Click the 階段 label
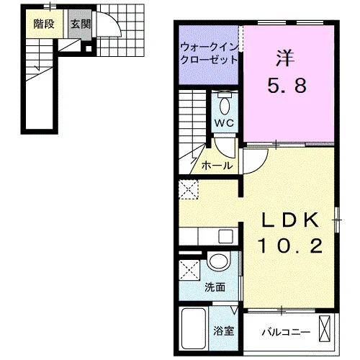pos(44,24)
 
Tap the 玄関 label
pos(81,24)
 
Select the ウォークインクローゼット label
pos(209,53)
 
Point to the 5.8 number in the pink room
pos(287,86)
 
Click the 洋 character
pos(285,58)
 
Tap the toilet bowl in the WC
pos(225,106)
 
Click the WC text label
pos(224,123)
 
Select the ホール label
pos(217,166)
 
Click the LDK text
pos(291,220)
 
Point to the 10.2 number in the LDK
pos(290,246)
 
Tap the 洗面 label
pos(215,287)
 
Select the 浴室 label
pos(224,331)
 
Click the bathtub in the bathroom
pos(194,328)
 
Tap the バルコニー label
pos(286,333)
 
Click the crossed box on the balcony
pos(325,328)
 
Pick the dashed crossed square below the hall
pos(189,189)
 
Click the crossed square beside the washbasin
pos(189,270)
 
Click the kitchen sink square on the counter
pos(225,237)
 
